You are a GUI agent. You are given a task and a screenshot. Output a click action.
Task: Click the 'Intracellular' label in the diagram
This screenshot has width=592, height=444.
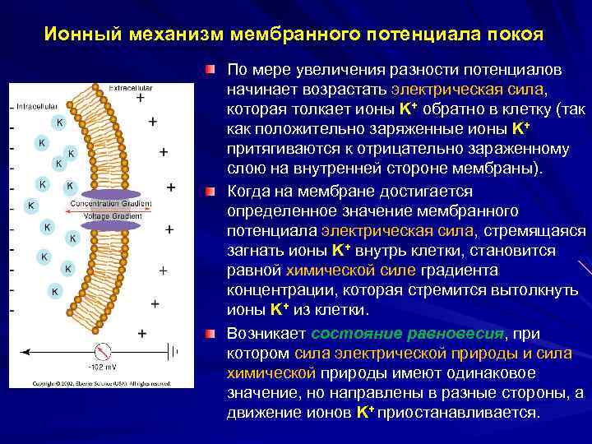35,106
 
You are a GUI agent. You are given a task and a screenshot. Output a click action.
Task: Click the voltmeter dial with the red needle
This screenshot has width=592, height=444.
104,350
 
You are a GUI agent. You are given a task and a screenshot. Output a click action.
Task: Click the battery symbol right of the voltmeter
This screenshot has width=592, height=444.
173,351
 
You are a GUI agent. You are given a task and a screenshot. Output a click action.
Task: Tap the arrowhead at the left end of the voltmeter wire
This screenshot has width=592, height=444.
25,351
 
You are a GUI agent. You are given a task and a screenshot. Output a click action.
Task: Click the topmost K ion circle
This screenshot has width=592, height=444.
58,123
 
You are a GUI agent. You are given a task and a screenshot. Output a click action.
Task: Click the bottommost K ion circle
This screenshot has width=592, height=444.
54,291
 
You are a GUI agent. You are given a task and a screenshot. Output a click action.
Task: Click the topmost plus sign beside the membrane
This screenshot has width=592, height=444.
140,98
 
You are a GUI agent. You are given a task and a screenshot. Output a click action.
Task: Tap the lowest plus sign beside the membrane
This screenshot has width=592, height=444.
142,333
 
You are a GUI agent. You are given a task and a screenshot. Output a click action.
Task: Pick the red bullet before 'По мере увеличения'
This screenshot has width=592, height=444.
211,67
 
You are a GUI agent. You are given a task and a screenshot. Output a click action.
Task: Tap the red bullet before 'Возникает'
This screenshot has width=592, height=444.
211,334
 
